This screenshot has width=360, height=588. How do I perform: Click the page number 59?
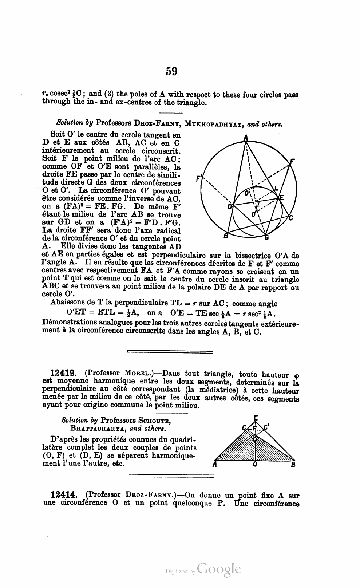(x=171, y=71)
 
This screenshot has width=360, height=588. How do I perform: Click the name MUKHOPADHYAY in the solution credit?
(x=215, y=123)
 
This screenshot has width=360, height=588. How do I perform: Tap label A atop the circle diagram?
(x=246, y=138)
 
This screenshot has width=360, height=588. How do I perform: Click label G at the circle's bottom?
(x=267, y=238)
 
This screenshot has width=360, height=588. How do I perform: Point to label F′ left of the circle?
(x=198, y=179)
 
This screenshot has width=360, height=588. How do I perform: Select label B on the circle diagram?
(x=225, y=236)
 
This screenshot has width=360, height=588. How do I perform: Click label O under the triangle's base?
(x=255, y=465)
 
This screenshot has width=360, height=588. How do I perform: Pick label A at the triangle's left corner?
(x=215, y=465)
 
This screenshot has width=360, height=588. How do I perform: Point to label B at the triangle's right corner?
(x=293, y=465)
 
